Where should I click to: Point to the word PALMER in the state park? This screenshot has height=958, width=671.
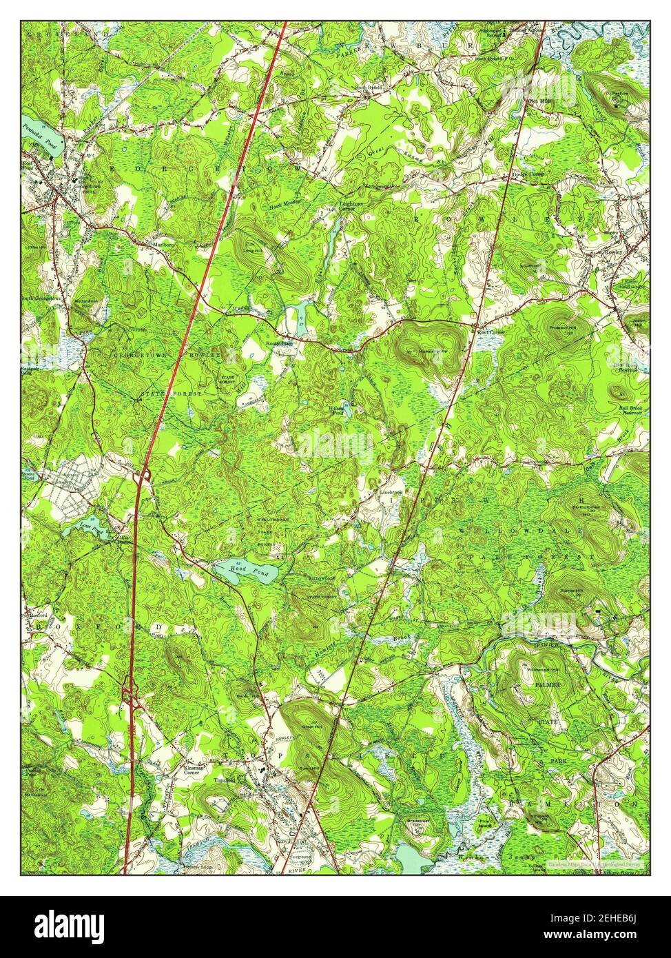(550, 686)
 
